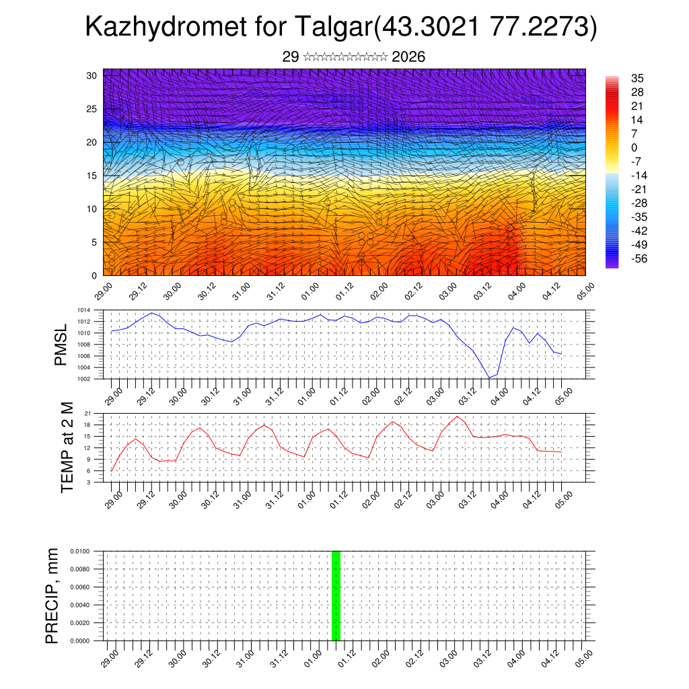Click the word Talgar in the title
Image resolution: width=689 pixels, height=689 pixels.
(334, 28)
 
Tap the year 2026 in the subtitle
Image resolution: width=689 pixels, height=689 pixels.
(408, 57)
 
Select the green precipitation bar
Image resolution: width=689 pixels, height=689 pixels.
(336, 595)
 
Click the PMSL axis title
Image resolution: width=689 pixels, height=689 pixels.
(61, 345)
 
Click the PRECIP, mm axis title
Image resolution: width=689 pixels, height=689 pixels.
(52, 595)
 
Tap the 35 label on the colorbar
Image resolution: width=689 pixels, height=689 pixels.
(637, 79)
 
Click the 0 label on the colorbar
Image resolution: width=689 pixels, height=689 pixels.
(634, 148)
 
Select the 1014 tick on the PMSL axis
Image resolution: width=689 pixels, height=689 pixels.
(83, 310)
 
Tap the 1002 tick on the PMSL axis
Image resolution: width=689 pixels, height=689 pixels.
(83, 379)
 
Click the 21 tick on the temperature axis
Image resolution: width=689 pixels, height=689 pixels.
(87, 413)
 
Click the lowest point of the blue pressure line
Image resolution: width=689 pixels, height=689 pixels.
(490, 378)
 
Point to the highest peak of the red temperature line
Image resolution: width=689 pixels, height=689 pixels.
(458, 416)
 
